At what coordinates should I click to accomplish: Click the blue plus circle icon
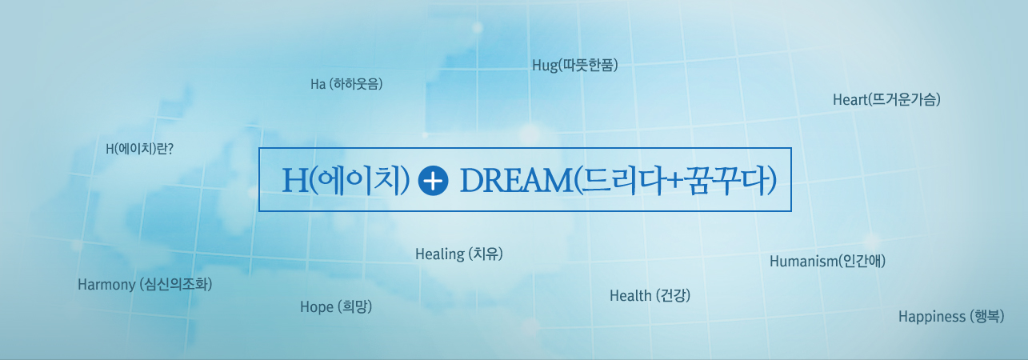(x=434, y=181)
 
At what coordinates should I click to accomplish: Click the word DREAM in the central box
(x=516, y=180)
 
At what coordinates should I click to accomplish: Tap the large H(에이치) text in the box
(x=346, y=180)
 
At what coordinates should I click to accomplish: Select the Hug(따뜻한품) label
(x=575, y=65)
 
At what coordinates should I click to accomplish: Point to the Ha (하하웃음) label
(x=346, y=84)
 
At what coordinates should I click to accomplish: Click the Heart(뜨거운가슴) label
(x=886, y=99)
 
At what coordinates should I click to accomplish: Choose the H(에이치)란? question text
(x=139, y=149)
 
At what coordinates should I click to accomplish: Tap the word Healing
(x=440, y=254)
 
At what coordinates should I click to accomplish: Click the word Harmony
(x=106, y=285)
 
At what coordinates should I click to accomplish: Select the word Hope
(x=316, y=306)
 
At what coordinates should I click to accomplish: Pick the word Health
(x=630, y=296)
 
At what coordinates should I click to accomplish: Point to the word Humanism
(x=803, y=262)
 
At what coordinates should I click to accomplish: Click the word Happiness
(x=932, y=316)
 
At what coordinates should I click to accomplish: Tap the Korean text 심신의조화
(x=176, y=284)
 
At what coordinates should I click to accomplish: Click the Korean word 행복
(x=987, y=316)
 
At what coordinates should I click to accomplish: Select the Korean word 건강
(x=674, y=295)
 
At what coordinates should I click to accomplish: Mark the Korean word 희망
(x=354, y=306)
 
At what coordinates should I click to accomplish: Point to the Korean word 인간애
(x=862, y=261)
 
